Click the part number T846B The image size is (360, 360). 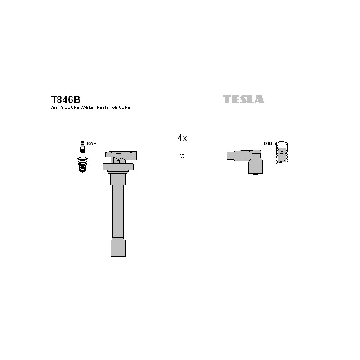[65, 99]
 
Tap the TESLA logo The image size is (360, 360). [243, 99]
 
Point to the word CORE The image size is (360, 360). [125, 108]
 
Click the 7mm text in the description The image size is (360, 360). [55, 108]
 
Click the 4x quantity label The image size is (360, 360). [182, 138]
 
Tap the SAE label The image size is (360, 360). [91, 144]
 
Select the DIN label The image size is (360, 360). [268, 144]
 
